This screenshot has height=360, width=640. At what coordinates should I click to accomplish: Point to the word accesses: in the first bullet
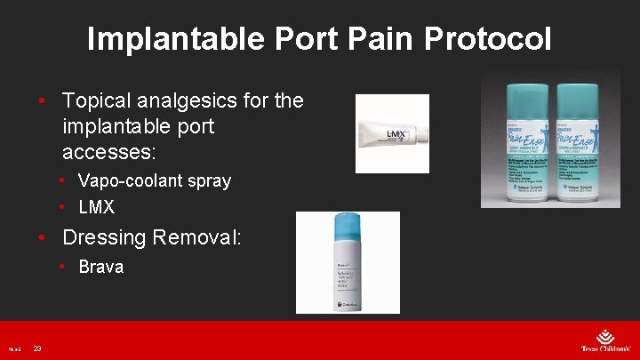click(x=109, y=151)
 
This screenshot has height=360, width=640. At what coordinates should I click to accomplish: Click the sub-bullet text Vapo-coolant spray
click(x=155, y=180)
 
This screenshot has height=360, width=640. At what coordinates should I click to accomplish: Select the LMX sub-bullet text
click(x=96, y=207)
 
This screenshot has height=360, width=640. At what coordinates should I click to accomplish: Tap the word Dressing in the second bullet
click(x=104, y=237)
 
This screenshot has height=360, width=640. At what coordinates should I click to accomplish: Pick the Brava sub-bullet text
click(x=100, y=267)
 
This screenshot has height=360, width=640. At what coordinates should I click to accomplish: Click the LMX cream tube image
click(x=391, y=134)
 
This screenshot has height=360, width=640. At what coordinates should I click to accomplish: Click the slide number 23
click(x=37, y=348)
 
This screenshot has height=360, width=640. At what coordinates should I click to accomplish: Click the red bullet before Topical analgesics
click(x=42, y=100)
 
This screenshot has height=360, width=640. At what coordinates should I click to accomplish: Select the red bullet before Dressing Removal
click(x=42, y=237)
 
